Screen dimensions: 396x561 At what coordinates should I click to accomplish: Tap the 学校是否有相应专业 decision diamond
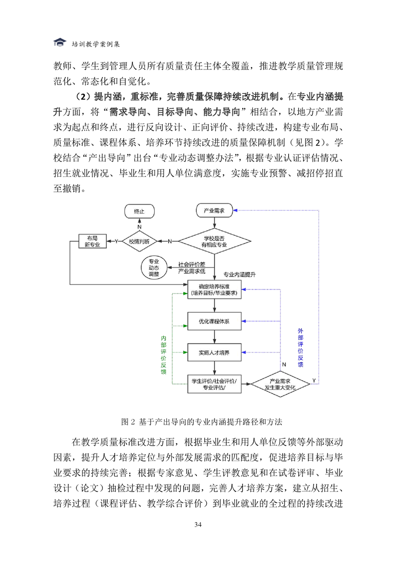214,241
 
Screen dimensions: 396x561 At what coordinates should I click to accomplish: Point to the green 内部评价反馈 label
163,354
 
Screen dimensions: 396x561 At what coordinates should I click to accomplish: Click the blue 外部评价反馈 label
300,348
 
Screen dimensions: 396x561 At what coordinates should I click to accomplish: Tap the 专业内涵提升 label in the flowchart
240,274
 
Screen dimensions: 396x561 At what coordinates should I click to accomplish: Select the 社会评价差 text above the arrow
192,264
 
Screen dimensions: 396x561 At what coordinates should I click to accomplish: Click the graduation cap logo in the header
60,42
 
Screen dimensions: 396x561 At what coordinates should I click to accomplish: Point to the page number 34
198,524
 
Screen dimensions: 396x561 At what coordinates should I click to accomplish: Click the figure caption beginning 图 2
202,422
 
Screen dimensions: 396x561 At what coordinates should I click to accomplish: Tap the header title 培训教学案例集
96,44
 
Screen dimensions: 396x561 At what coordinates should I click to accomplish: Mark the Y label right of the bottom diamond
314,380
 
